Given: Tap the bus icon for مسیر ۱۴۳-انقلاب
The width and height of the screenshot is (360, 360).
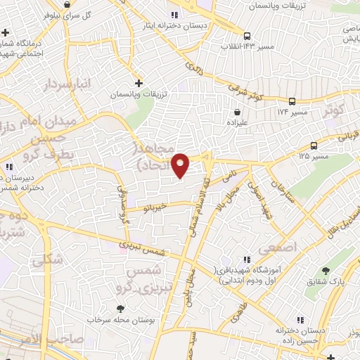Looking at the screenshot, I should pos(247,36).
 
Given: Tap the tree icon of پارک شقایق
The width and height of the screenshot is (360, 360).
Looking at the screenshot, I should pos(325,271).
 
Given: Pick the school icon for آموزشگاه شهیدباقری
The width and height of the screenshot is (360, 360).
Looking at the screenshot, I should pos(247,260).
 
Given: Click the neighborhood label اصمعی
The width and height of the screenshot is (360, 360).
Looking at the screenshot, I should pos(278,247).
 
